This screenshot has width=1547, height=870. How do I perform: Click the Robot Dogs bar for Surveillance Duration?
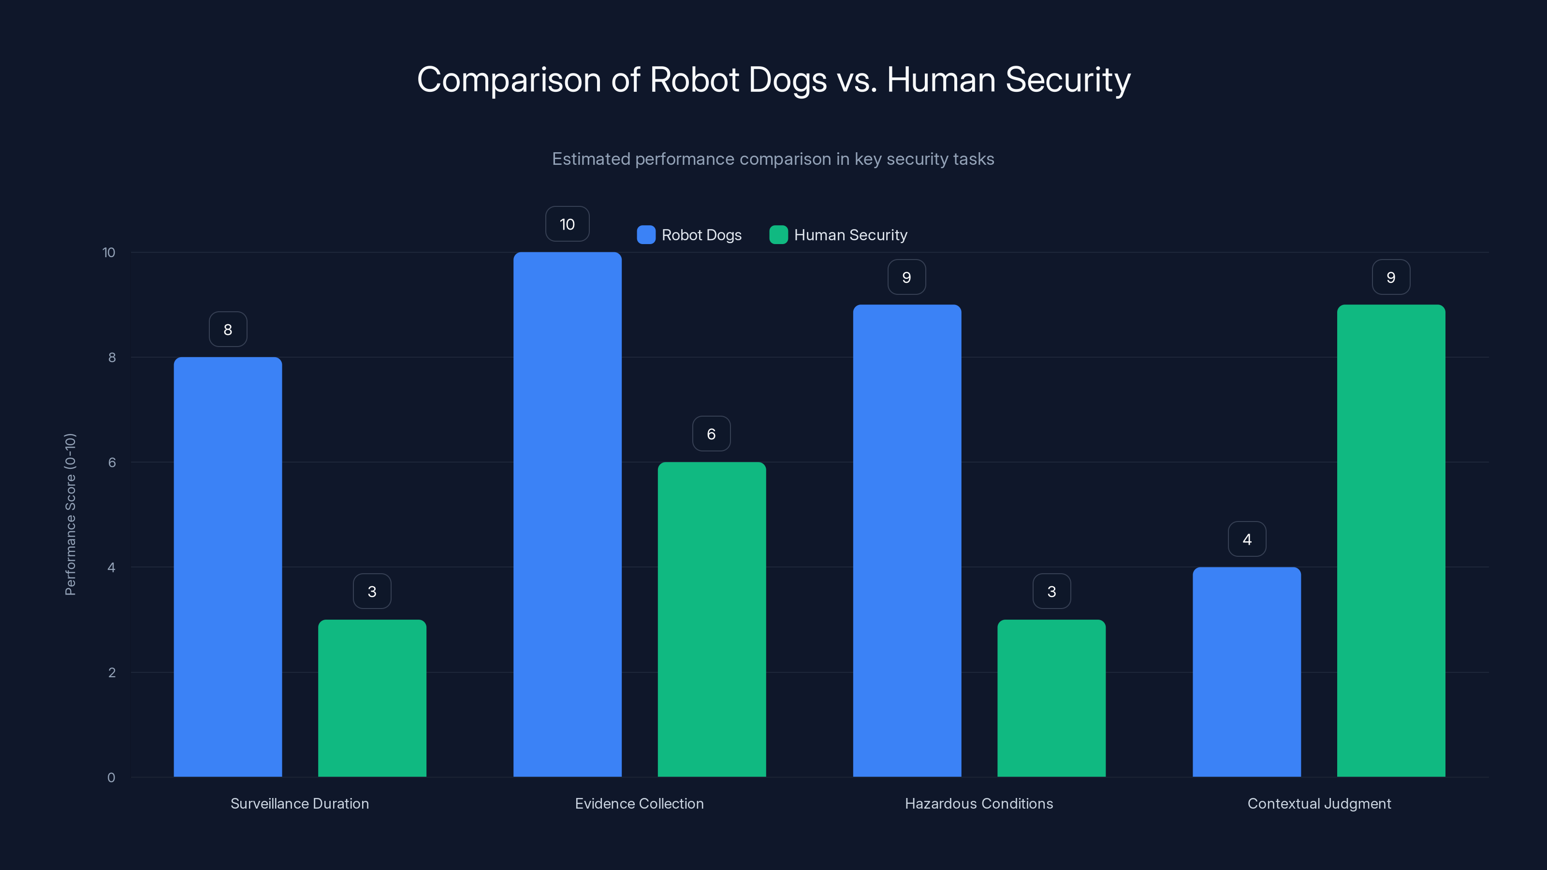tap(228, 567)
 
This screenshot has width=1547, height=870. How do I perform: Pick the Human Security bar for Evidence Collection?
tap(712, 619)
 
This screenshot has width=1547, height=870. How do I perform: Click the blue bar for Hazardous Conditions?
tap(907, 540)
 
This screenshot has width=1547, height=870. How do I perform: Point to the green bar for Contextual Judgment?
tap(1391, 540)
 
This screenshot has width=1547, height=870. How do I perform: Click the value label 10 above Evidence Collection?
tap(567, 224)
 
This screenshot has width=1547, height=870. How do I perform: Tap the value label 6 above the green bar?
tap(711, 434)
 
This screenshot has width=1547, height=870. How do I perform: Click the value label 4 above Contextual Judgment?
tap(1247, 539)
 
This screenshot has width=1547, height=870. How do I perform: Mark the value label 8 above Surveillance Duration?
tap(228, 329)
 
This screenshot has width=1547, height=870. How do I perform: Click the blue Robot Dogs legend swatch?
tap(645, 235)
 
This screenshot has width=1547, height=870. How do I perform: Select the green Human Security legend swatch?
tap(778, 235)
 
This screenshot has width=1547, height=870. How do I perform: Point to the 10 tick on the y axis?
tap(109, 252)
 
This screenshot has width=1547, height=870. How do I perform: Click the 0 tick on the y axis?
tap(111, 778)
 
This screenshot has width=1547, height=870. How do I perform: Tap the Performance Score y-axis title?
tap(70, 514)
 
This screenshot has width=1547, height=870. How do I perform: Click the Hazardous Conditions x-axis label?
tap(979, 803)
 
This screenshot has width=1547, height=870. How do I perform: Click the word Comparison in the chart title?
tap(509, 79)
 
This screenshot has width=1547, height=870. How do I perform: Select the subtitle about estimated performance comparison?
tap(773, 159)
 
